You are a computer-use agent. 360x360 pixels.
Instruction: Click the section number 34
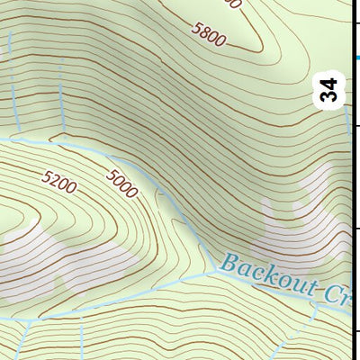tap(330, 91)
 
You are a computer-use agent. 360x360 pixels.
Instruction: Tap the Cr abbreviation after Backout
tap(337, 295)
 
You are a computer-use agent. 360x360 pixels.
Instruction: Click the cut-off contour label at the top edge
tap(232, 4)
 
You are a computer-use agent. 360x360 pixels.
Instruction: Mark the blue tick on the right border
tap(355, 58)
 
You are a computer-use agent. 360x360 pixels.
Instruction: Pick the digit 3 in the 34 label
tap(330, 97)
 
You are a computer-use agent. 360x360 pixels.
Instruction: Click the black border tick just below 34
tap(356, 127)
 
